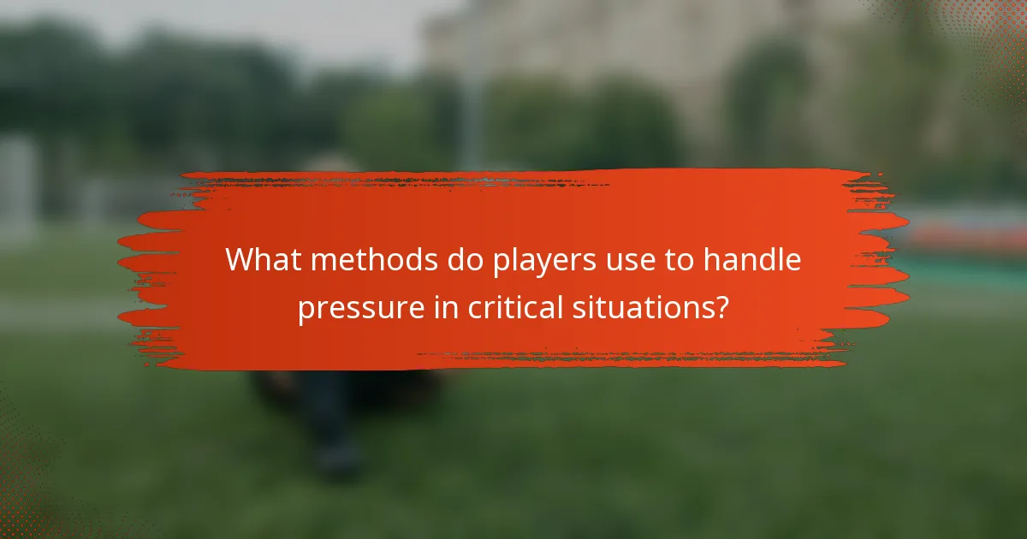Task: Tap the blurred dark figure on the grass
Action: (x=334, y=419)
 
